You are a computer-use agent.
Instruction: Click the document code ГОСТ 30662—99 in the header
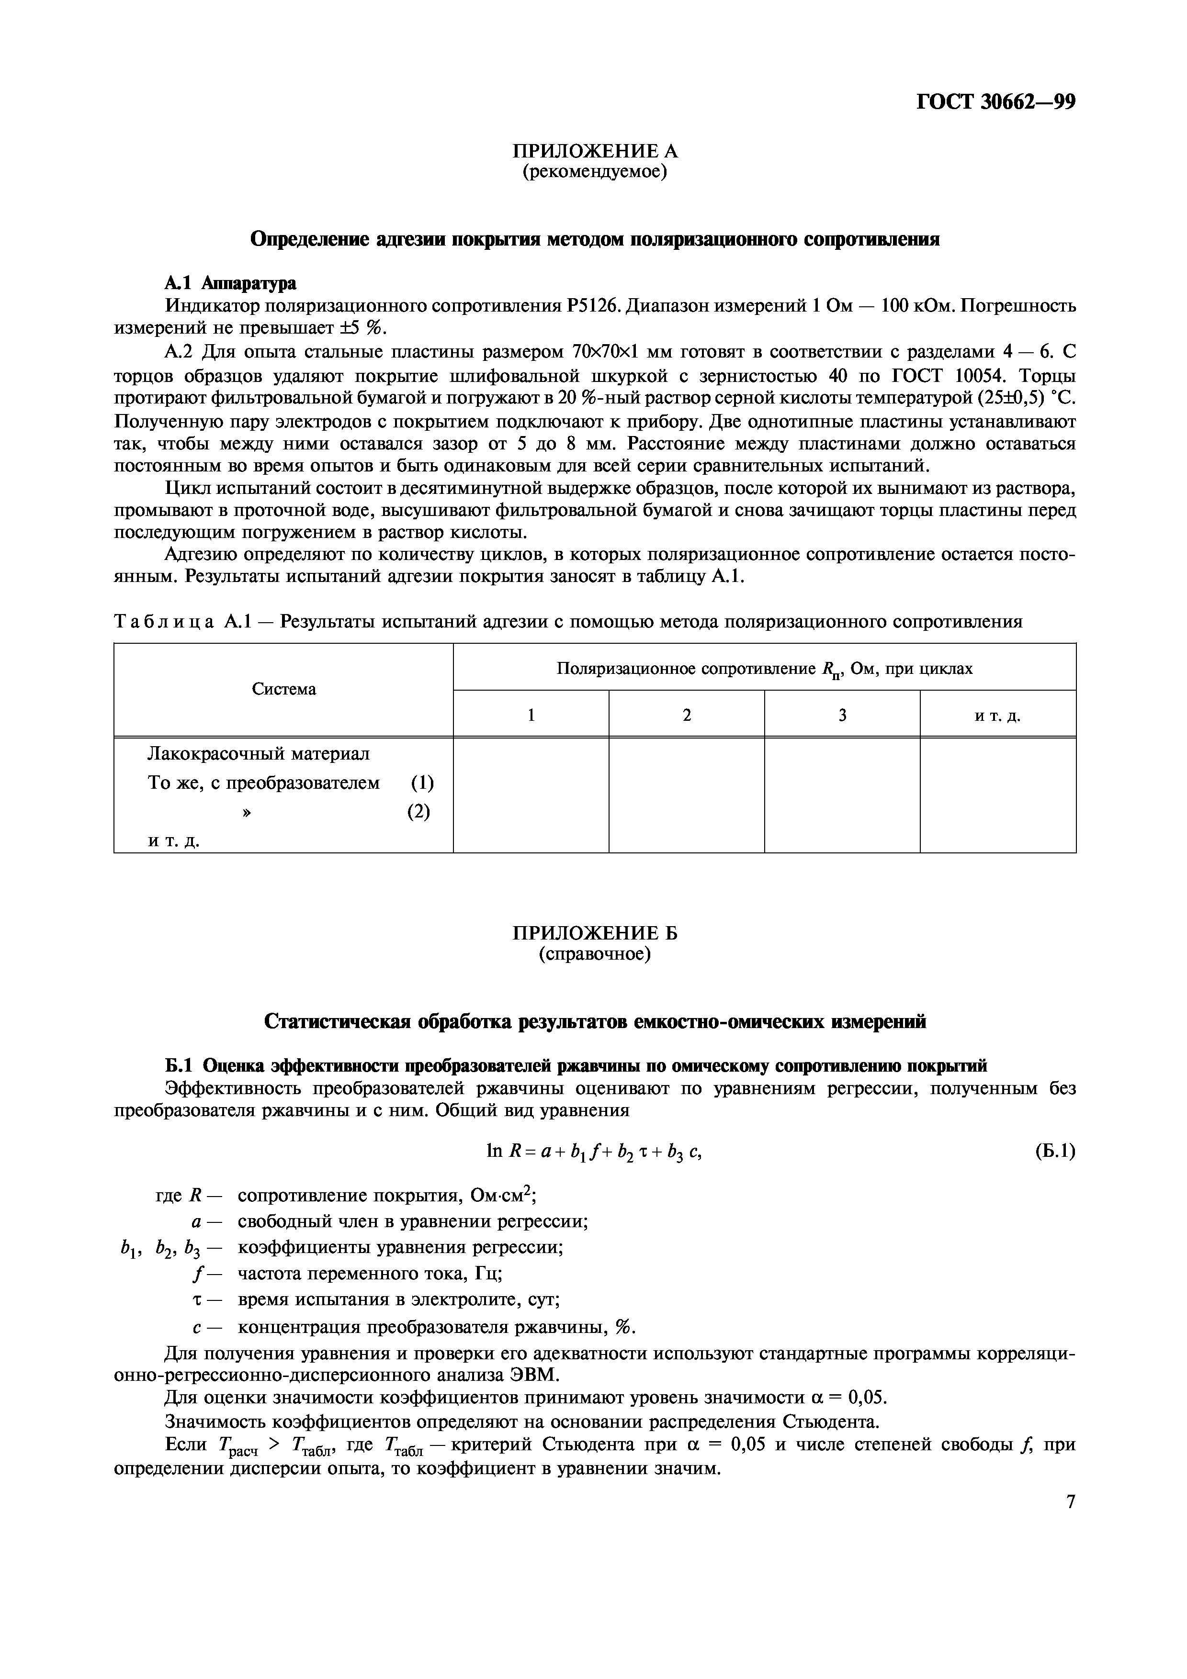[x=995, y=101]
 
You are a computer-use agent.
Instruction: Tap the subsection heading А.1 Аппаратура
[x=230, y=282]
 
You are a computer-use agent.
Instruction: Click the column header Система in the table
[x=284, y=689]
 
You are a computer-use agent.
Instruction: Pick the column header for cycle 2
[x=686, y=715]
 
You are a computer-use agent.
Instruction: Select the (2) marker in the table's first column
[x=418, y=812]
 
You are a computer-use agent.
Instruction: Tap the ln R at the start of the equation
[x=502, y=1152]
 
